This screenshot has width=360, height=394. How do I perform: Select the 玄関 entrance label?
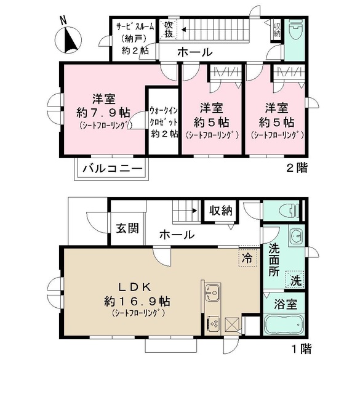click(x=126, y=227)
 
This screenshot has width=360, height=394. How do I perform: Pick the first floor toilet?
click(x=287, y=211)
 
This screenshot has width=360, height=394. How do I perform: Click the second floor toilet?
click(x=295, y=30)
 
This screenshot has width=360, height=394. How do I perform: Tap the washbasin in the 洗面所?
click(x=295, y=237)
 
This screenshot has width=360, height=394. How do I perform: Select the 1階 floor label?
click(x=300, y=350)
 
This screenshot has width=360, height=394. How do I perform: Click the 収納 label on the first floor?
click(x=219, y=211)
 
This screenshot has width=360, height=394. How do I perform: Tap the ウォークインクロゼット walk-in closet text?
click(x=164, y=122)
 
